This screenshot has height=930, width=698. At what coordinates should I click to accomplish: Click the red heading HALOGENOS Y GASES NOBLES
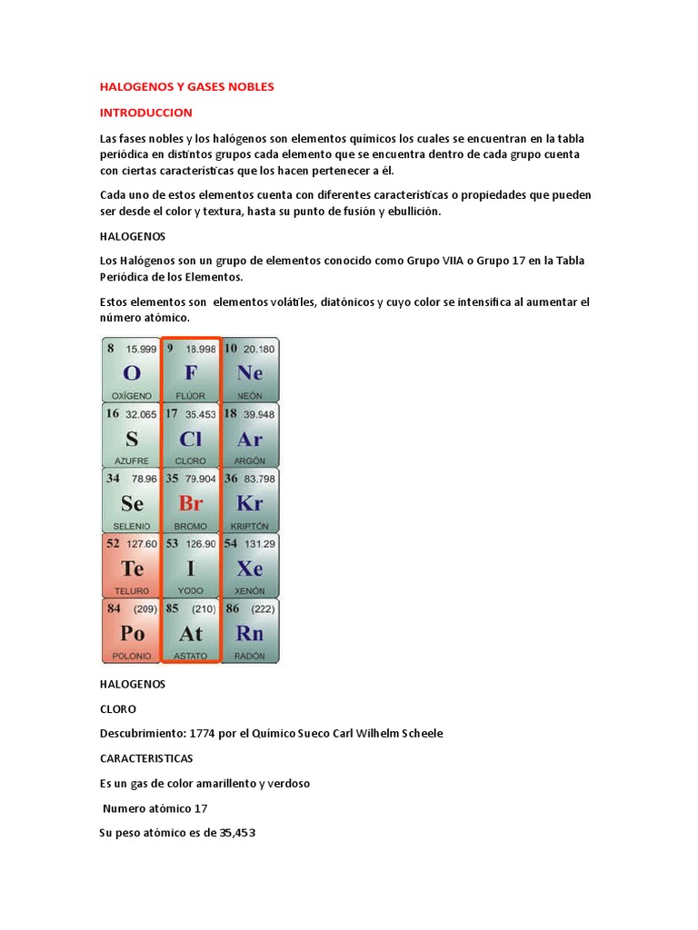tap(186, 86)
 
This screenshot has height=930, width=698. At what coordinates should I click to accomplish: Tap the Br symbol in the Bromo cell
tap(190, 503)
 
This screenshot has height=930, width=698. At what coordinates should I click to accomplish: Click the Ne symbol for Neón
tap(249, 372)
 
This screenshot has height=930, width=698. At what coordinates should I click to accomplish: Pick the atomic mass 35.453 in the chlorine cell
tap(200, 413)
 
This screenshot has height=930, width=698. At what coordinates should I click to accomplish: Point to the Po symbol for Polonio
tap(132, 634)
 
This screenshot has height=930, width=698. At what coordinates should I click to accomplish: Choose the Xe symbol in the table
tap(249, 569)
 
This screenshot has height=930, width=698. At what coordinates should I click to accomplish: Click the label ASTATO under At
tap(191, 656)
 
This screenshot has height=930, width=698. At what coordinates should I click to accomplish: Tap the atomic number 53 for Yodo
tap(172, 543)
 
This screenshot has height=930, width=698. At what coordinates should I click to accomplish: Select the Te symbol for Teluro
tap(132, 569)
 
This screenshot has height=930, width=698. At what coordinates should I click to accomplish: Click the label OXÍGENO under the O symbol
tap(132, 396)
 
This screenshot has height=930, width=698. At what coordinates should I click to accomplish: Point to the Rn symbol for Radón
tap(249, 634)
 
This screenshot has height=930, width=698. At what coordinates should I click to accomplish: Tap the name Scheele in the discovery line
tap(420, 733)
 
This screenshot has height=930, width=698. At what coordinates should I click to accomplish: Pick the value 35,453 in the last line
tap(237, 831)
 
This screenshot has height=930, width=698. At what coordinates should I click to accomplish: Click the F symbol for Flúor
tap(190, 372)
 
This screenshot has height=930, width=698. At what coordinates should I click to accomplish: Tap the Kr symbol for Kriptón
tap(249, 503)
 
